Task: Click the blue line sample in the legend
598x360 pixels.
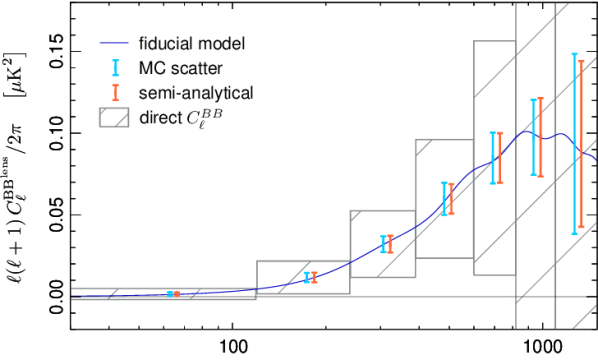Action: [x=114, y=43]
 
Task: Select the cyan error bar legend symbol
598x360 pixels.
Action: [x=116, y=68]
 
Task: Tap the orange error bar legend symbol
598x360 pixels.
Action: [x=116, y=92]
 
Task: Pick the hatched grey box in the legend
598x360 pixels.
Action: [x=114, y=117]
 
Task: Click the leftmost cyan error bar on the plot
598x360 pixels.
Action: [x=169, y=293]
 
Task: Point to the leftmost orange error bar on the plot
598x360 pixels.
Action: [x=176, y=293]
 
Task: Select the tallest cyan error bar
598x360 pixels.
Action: [x=574, y=144]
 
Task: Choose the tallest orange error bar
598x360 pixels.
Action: [x=581, y=145]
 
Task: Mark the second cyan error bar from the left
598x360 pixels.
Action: [x=307, y=277]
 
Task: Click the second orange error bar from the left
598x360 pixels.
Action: [x=314, y=277]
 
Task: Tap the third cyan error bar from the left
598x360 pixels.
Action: [x=383, y=244]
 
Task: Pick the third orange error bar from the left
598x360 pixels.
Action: [x=390, y=243]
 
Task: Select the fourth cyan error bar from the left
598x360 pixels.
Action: [x=444, y=198]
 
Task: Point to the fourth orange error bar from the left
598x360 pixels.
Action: [x=451, y=198]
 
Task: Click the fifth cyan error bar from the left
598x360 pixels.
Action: [x=493, y=158]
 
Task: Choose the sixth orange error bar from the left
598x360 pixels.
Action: [x=540, y=137]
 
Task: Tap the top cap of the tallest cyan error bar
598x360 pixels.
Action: [x=574, y=54]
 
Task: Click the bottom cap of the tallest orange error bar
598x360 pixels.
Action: [x=581, y=228]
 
